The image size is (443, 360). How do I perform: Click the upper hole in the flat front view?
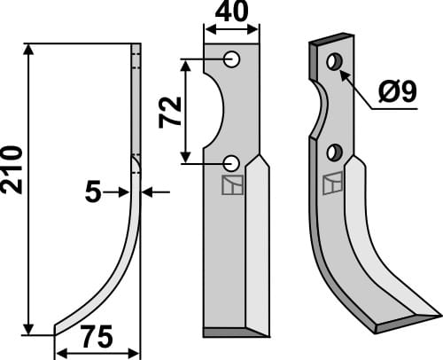tap(231, 59)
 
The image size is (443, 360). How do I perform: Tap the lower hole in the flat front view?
tap(231, 162)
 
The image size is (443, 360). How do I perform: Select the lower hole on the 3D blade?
tap(333, 153)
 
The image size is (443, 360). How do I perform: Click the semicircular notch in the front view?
tap(215, 112)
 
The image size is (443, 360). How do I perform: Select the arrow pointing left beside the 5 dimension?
tap(149, 191)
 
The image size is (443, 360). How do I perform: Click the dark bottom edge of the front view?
tap(236, 333)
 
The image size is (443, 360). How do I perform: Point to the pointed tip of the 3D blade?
tap(437, 313)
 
